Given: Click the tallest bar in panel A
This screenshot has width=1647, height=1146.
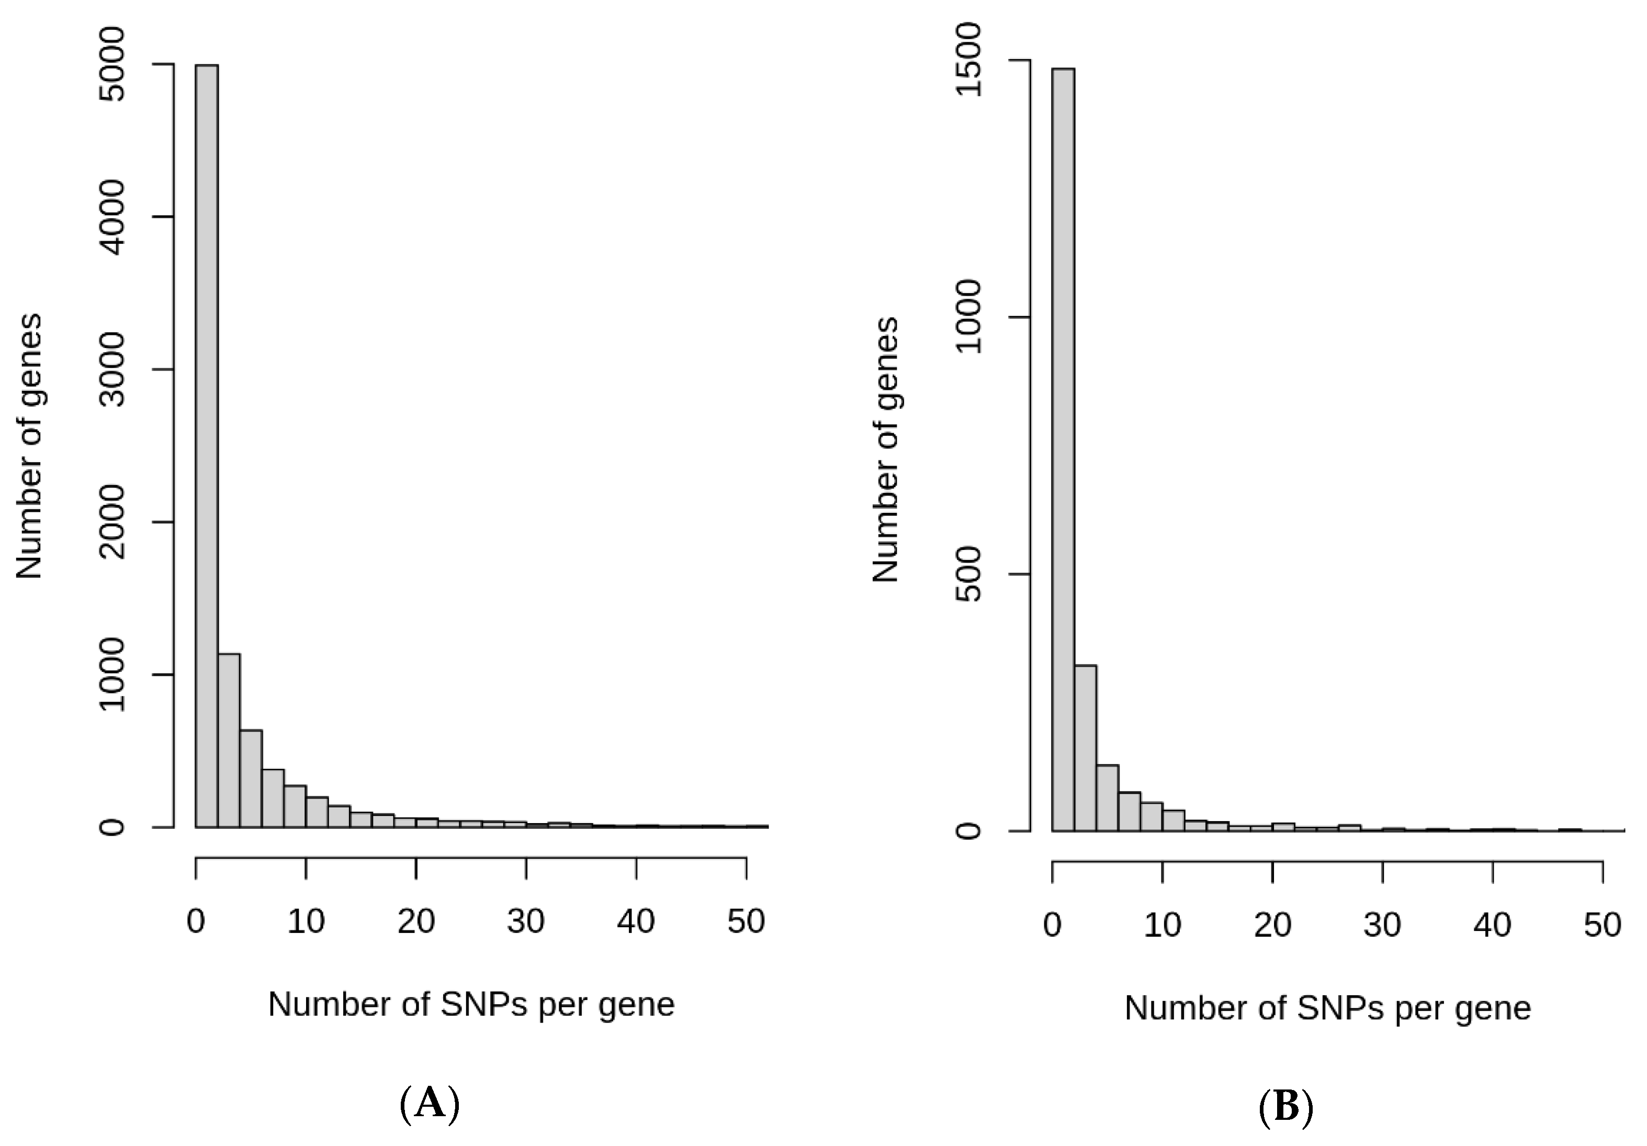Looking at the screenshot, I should coord(207,445).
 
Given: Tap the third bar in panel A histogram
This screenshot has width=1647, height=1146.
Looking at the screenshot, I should coord(251,779).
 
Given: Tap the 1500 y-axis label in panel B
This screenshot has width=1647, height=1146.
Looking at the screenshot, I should coord(969,60).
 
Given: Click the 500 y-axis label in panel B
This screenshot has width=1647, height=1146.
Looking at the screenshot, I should coord(969,574).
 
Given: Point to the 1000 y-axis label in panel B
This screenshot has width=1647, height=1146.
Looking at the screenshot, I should coord(969,317).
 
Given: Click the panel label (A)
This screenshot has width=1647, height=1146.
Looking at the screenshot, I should coord(429,1104).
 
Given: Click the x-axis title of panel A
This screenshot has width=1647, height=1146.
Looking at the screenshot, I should coord(471,1005).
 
